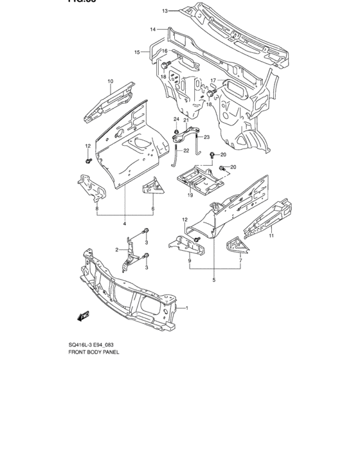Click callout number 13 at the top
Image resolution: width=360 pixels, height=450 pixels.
pos(165,11)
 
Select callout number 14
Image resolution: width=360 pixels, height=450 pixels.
pos(153,30)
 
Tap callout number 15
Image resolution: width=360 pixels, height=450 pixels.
pos(137,52)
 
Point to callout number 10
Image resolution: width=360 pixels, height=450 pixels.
pos(110,81)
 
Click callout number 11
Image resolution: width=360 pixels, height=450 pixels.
pos(271,237)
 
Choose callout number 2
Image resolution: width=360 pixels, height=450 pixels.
pos(117,249)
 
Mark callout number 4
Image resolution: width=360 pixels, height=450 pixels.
pos(125,223)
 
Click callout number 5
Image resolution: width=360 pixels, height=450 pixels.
pos(214,280)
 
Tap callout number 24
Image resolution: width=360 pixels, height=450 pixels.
pos(175,120)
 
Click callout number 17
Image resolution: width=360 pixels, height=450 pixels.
pos(213,80)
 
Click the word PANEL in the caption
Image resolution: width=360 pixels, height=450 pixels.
pos(109,353)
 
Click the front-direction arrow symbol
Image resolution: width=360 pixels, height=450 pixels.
pos(83,316)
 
